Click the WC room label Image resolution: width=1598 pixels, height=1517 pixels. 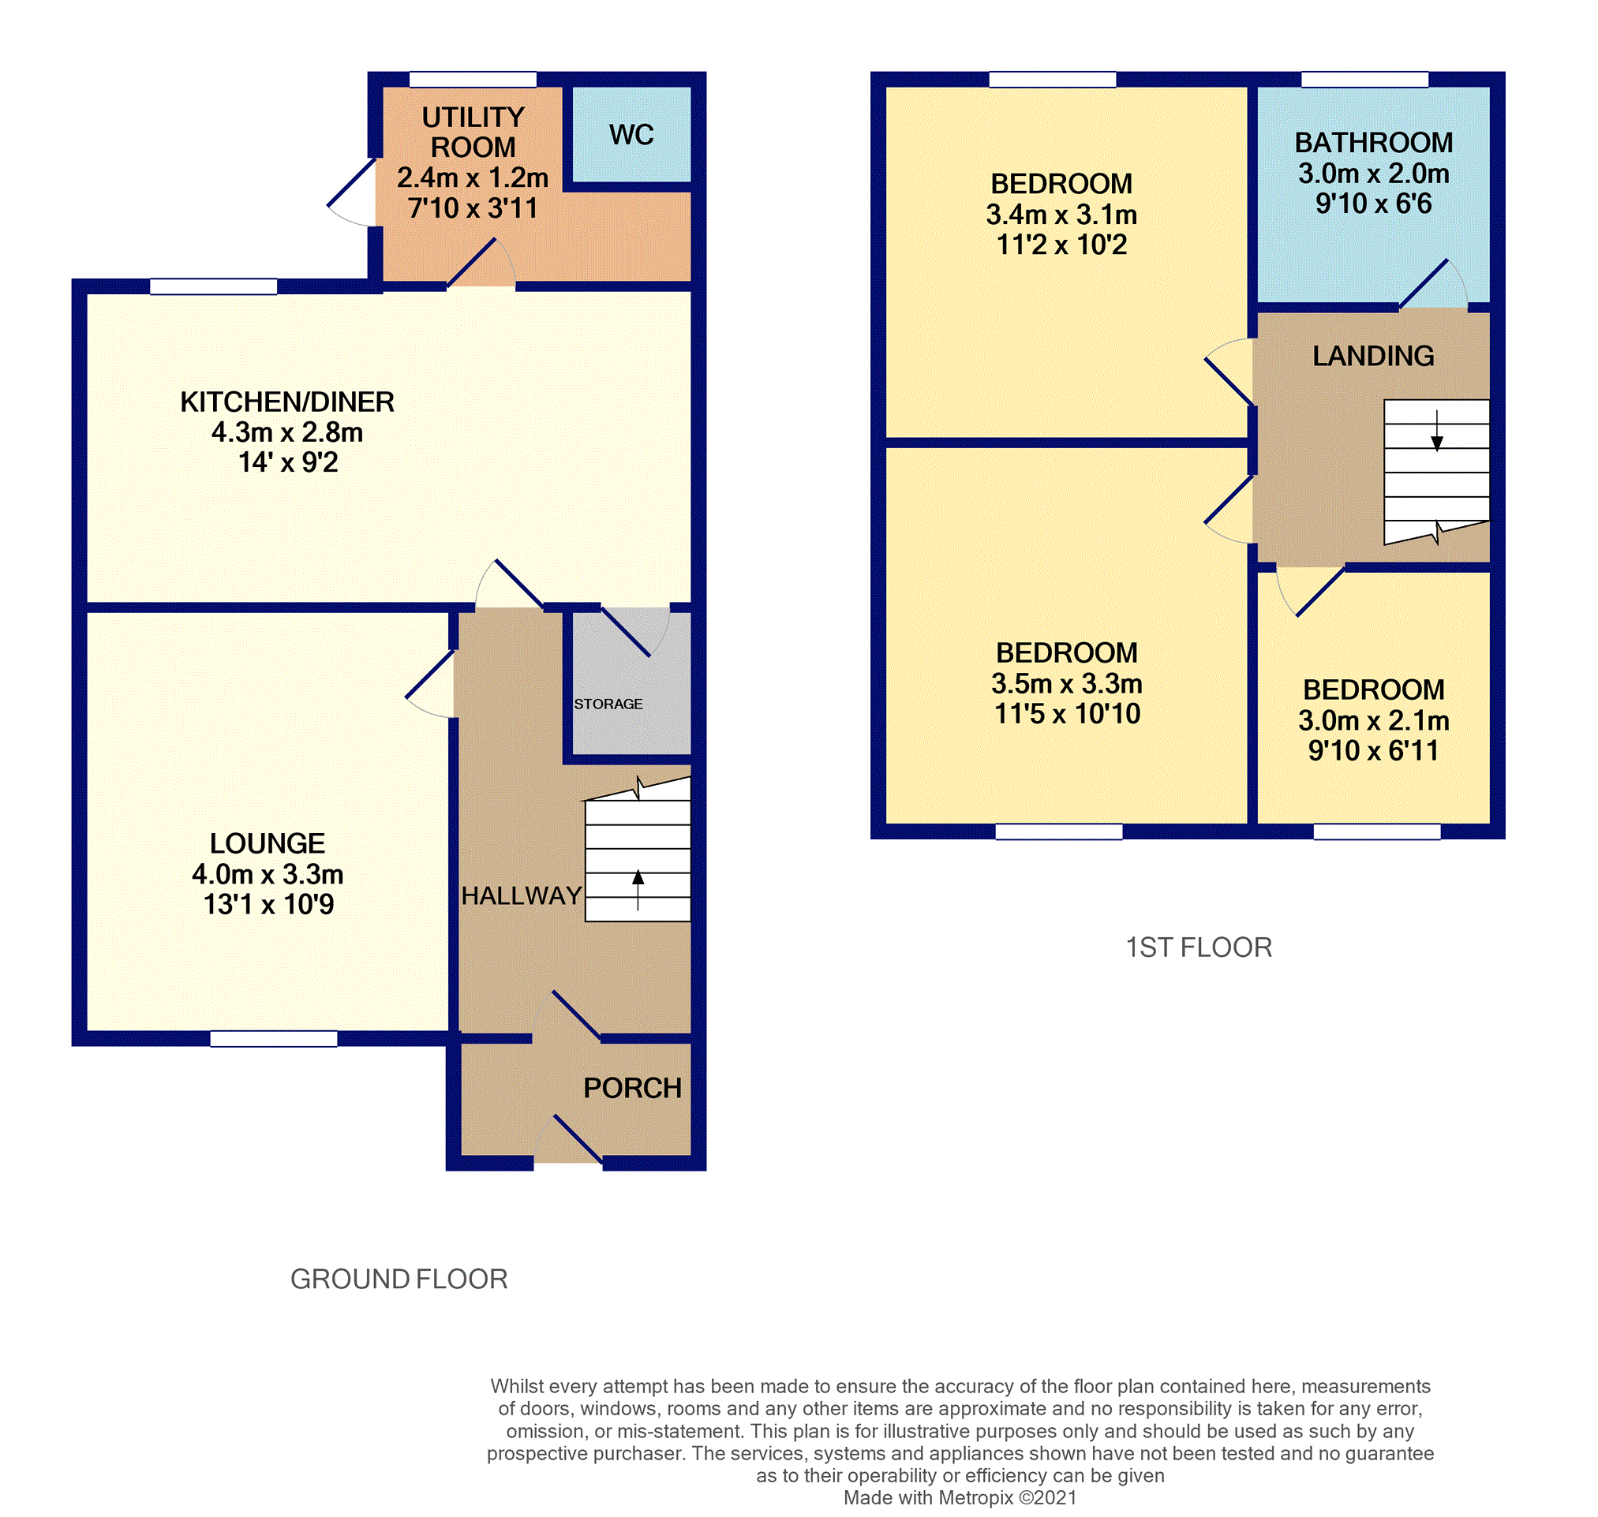(631, 134)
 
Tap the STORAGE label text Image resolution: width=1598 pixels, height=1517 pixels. (608, 704)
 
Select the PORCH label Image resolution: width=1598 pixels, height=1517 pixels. (632, 1089)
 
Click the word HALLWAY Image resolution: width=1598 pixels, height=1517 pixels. (522, 896)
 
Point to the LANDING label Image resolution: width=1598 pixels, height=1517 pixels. (1373, 356)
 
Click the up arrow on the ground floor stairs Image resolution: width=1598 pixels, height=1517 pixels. (638, 890)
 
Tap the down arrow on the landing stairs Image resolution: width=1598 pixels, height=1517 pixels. (1437, 431)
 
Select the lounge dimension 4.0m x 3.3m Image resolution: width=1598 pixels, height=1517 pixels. (268, 874)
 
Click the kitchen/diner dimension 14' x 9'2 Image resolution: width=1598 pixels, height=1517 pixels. (288, 462)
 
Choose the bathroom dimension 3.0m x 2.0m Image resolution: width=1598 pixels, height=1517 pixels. (1373, 173)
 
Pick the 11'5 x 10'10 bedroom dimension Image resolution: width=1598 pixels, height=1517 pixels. (1067, 714)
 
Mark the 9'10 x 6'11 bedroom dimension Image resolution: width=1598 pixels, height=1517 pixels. (1373, 751)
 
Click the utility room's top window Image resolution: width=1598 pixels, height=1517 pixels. (473, 79)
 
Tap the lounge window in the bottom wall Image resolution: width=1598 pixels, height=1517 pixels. (274, 1039)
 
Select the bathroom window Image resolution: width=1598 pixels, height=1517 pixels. (1364, 79)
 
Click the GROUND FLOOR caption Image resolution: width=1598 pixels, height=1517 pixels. (399, 1280)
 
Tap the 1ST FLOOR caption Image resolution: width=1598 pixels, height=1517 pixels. (1199, 947)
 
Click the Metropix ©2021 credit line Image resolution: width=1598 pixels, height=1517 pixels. (960, 1497)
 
